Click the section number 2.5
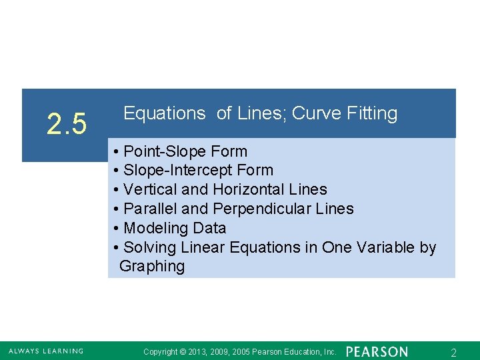[67, 124]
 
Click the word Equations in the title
[165, 114]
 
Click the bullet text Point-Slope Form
[185, 151]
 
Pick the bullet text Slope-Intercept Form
[198, 171]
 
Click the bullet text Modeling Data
[175, 228]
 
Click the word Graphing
[152, 267]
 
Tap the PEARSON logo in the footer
[377, 351]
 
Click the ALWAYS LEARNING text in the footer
[46, 351]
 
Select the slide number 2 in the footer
[453, 351]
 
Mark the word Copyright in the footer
[161, 351]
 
